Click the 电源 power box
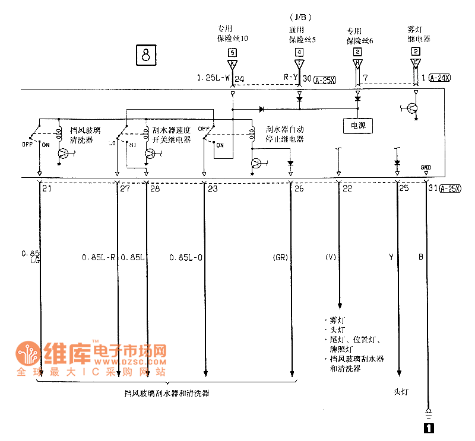357,126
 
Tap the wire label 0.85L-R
98,258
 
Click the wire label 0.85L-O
186,258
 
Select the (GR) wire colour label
280,258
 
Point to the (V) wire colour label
331,258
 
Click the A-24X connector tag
439,78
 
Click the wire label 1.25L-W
213,78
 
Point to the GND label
426,167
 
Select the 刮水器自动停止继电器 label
285,134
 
